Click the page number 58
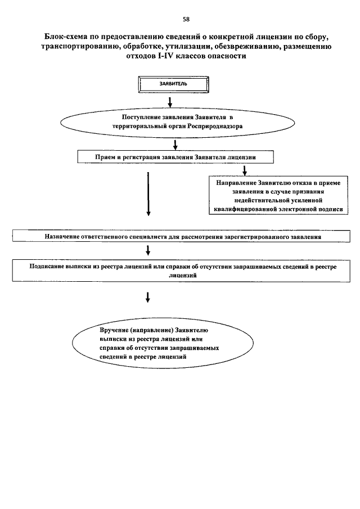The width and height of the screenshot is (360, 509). point(186,19)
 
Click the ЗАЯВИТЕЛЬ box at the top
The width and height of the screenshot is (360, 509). point(173,84)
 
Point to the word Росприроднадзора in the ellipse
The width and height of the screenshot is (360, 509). point(215,127)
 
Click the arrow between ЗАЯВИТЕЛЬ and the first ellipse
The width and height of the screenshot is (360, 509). point(169,102)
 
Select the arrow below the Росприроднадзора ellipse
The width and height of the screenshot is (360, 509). point(175,145)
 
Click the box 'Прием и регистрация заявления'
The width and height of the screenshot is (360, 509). point(175,157)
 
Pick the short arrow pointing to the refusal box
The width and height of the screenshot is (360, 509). point(245,170)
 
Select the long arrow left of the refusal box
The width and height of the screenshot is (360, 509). point(148,194)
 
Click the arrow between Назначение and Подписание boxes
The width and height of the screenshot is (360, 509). point(148,250)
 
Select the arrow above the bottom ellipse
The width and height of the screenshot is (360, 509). point(148,298)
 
